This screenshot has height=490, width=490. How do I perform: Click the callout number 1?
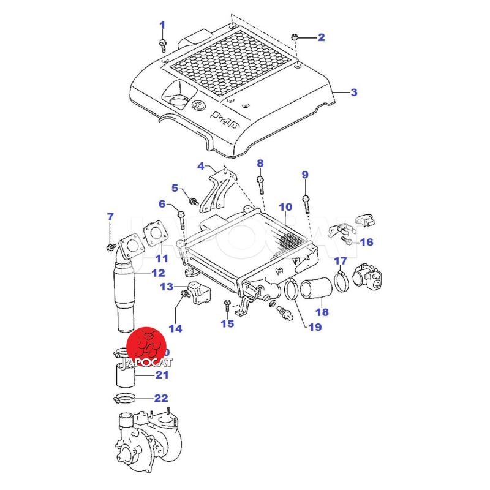pyautogui.click(x=162, y=25)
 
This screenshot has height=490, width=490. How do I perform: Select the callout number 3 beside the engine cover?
pyautogui.click(x=353, y=92)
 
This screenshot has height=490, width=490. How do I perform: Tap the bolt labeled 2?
pyautogui.click(x=295, y=38)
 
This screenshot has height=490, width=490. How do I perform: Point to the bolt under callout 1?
pyautogui.click(x=163, y=44)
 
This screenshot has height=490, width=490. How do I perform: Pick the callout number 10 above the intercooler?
pyautogui.click(x=285, y=207)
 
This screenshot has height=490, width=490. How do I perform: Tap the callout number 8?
pyautogui.click(x=260, y=163)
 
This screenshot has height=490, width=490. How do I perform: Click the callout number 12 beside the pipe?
pyautogui.click(x=158, y=273)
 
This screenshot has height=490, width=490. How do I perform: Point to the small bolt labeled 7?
pyautogui.click(x=111, y=246)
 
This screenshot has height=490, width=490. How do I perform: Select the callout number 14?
pyautogui.click(x=176, y=328)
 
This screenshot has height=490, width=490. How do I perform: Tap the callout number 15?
pyautogui.click(x=227, y=323)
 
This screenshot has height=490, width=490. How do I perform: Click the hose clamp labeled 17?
pyautogui.click(x=342, y=282)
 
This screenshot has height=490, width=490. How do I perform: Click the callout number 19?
pyautogui.click(x=314, y=327)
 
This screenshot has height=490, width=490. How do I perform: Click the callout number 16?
pyautogui.click(x=366, y=242)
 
